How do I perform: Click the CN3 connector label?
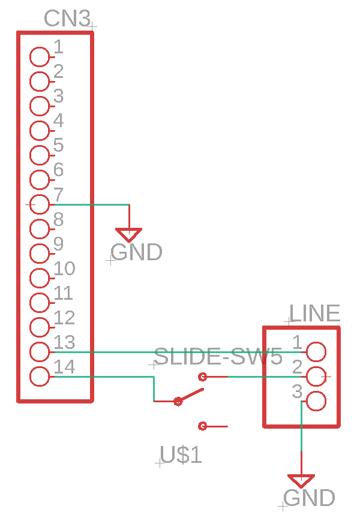click(x=67, y=19)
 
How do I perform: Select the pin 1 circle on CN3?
click(x=40, y=57)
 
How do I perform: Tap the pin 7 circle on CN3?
click(x=40, y=204)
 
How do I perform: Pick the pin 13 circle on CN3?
click(x=40, y=352)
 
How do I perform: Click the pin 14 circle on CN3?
click(x=40, y=377)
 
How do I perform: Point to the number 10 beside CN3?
click(x=64, y=269)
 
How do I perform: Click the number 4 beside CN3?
click(x=59, y=121)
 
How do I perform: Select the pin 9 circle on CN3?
click(x=40, y=254)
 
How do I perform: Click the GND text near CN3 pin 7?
click(x=136, y=252)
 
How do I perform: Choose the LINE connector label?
click(x=314, y=313)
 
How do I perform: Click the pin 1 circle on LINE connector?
click(x=316, y=352)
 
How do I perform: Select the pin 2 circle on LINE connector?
click(x=316, y=377)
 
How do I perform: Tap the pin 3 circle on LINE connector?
click(x=316, y=401)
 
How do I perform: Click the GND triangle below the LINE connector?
click(x=301, y=481)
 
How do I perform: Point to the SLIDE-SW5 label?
click(x=218, y=356)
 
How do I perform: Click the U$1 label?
click(x=181, y=455)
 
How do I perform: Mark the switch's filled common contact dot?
click(x=178, y=401)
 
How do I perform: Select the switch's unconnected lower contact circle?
click(x=203, y=426)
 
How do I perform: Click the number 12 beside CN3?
click(x=64, y=318)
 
